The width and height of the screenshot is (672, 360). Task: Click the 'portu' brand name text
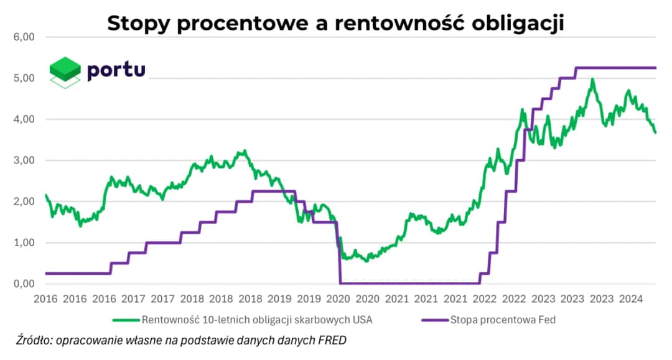[116, 69]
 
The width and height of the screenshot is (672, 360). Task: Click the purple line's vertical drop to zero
[339, 255]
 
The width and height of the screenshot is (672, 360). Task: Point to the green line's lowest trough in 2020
[366, 261]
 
